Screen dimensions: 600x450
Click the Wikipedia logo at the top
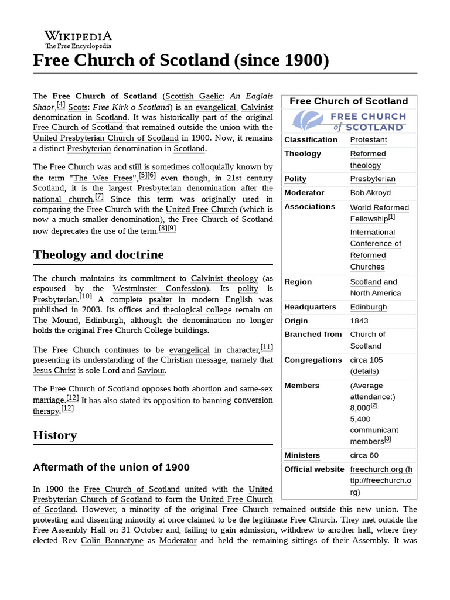pos(79,38)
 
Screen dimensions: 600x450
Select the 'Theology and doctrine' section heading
pos(98,254)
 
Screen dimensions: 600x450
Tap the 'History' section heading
pos(55,435)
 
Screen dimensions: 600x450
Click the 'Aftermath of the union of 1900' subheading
pos(111,468)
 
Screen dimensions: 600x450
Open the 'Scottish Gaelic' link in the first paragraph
pos(186,96)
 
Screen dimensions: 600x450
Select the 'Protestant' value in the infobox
pos(369,140)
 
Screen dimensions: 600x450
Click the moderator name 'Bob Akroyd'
pos(370,193)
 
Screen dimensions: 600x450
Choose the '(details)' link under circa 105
pos(364,371)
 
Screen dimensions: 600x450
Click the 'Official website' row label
pos(314,469)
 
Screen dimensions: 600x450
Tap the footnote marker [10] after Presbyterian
pos(86,296)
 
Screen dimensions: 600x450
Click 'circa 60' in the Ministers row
pos(364,455)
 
